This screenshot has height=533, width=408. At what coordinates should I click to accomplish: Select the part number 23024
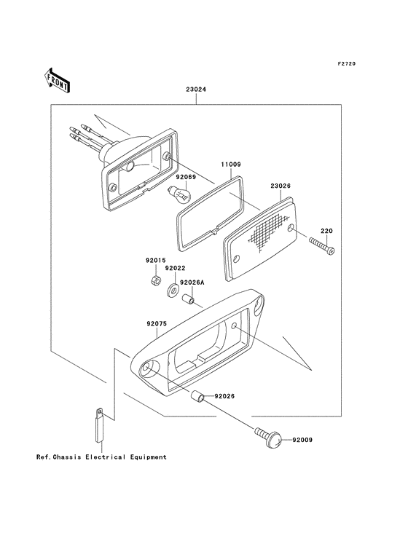pyautogui.click(x=196, y=90)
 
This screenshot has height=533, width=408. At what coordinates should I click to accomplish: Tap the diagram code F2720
pyautogui.click(x=347, y=63)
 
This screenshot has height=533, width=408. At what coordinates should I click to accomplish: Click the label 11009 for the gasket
pyautogui.click(x=231, y=165)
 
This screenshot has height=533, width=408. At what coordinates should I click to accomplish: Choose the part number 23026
pyautogui.click(x=280, y=186)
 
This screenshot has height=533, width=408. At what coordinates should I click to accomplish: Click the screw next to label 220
pyautogui.click(x=321, y=246)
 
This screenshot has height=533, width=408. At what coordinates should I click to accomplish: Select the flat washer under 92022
pyautogui.click(x=173, y=291)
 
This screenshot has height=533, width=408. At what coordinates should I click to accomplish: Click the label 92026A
pyautogui.click(x=192, y=283)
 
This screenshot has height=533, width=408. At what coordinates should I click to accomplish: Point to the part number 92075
pyautogui.click(x=157, y=324)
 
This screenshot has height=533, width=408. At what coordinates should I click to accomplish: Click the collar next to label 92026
pyautogui.click(x=197, y=396)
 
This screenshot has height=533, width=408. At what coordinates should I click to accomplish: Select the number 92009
pyautogui.click(x=302, y=440)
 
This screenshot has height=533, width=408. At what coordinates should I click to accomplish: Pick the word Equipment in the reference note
pyautogui.click(x=148, y=457)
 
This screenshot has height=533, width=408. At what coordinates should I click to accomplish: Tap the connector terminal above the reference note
pyautogui.click(x=99, y=425)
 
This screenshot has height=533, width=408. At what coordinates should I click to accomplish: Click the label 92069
pyautogui.click(x=186, y=177)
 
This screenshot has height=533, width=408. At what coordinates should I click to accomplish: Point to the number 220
pyautogui.click(x=326, y=231)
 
